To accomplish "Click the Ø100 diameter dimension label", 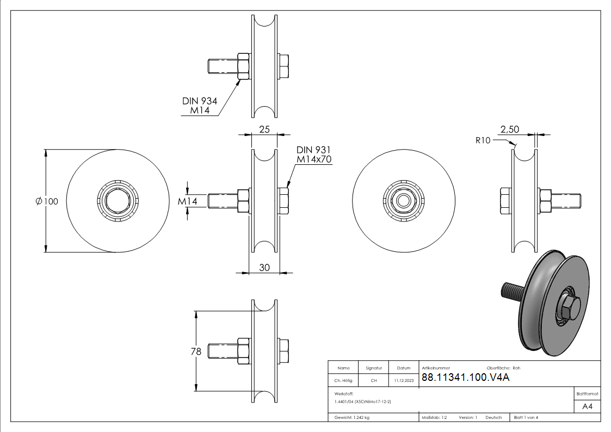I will tap(47, 201).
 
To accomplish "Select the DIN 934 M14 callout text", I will tap(200, 106).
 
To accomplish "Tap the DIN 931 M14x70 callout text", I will tap(314, 155).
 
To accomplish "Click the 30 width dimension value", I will tap(264, 267).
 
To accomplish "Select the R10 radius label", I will tap(483, 140).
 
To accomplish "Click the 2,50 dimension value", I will tap(510, 129).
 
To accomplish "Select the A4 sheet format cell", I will tap(587, 406).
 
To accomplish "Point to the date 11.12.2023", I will tap(403, 380).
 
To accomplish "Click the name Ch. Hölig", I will tap(343, 380).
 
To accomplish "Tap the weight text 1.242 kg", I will tap(353, 417).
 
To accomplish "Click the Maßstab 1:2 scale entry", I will tap(434, 417).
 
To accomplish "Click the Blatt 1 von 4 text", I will tap(526, 417).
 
